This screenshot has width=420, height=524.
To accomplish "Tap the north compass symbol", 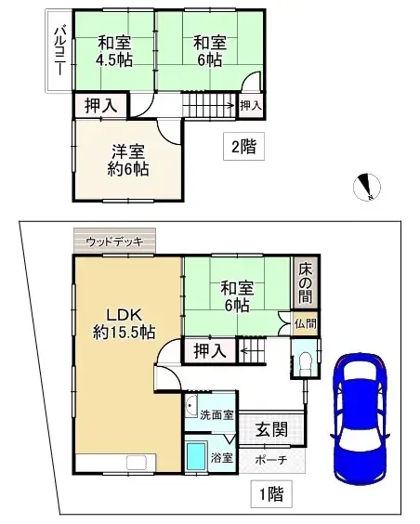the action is [x=367, y=187].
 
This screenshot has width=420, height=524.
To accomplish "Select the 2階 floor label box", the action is [x=243, y=147].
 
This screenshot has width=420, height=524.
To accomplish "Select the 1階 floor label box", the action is [x=271, y=494].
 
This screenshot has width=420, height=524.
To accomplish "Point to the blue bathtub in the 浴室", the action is [x=197, y=456].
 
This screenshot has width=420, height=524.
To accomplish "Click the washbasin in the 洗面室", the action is [x=191, y=405].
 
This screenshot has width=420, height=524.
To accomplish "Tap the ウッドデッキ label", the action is [x=114, y=242].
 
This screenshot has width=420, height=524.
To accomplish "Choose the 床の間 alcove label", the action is [x=305, y=283].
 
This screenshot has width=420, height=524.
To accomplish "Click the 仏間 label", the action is [x=306, y=323].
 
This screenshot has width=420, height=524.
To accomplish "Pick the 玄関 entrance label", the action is [x=271, y=429].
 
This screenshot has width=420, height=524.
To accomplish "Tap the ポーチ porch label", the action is [x=271, y=460].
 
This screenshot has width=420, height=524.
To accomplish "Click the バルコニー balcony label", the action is [x=60, y=51].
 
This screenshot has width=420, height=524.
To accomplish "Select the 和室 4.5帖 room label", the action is [x=114, y=51].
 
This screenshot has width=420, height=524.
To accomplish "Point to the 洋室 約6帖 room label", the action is [x=128, y=161].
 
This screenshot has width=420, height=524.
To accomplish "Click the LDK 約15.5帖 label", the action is [x=124, y=323].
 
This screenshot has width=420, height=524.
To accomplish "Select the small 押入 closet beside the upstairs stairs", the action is [x=251, y=106].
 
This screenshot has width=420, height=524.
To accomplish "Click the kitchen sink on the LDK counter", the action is [x=137, y=463].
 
